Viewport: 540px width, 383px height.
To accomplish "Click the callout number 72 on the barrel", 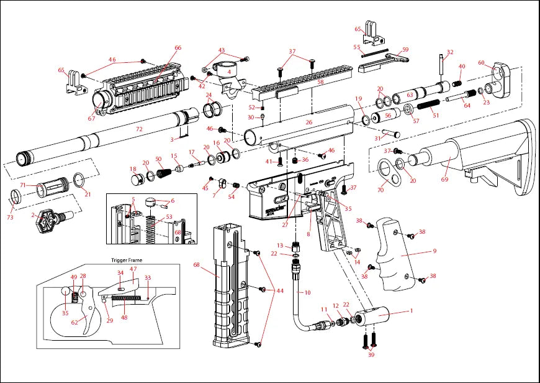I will pos(139,129).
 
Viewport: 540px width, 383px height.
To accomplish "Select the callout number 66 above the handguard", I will pos(178,48).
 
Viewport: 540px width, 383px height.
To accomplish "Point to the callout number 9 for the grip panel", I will pos(434,251).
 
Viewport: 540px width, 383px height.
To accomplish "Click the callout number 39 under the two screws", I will pos(371,354).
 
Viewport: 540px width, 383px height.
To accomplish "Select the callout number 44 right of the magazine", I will pos(279,290).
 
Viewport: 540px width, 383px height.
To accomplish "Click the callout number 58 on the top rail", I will pos(321,81).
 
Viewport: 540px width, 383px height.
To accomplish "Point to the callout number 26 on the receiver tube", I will pos(308,122).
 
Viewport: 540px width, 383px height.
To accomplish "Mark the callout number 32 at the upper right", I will pos(450,52).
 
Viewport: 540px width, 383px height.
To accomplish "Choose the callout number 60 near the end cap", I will pos(481,63).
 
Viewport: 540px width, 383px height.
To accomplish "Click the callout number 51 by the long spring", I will pos(436,115).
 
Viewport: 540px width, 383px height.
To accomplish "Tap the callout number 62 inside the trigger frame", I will pos(74,322).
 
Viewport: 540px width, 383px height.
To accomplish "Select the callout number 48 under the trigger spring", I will pos(124,317).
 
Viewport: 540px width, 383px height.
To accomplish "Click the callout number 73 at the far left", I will pos(9,218).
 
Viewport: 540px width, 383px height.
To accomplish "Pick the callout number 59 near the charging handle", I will pos(405,49).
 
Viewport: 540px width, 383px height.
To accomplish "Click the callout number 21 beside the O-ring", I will pos(88,195).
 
